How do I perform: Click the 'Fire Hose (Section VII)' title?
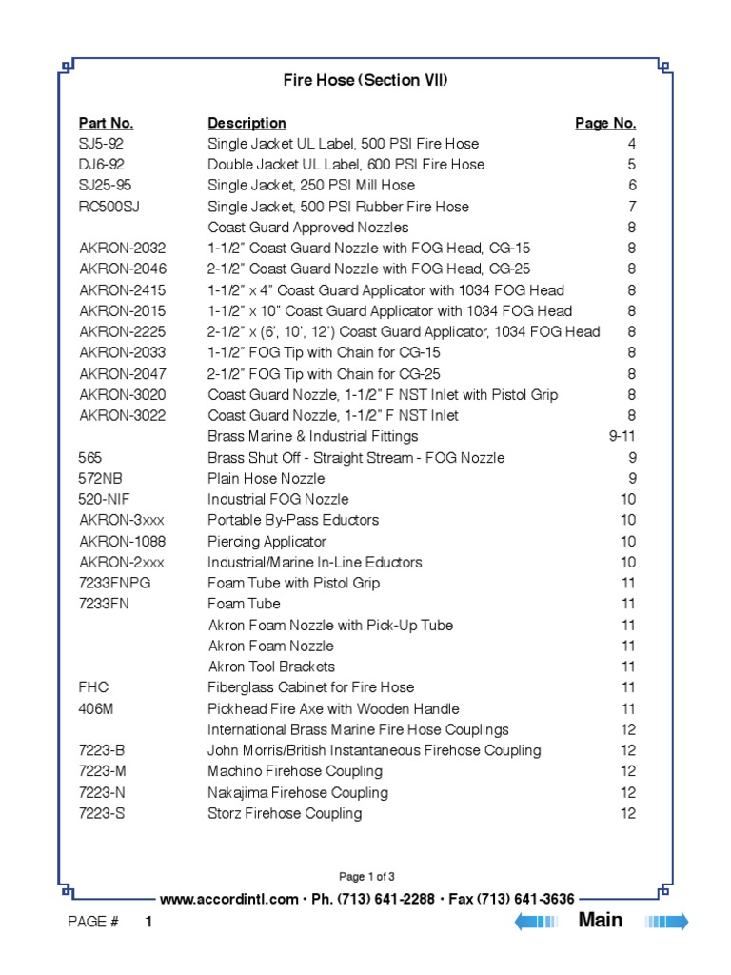365,80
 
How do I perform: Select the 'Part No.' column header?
106,123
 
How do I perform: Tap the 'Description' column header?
247,123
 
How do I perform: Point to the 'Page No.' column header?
605,123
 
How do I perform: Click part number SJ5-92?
101,144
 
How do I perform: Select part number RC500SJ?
113,207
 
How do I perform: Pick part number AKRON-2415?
122,290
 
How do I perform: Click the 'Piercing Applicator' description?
267,541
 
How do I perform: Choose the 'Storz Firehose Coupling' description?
285,813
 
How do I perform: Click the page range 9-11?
622,436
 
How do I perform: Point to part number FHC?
93,687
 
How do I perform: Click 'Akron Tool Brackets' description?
271,667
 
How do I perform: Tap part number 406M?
97,708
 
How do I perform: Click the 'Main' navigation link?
601,920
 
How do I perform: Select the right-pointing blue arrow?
666,921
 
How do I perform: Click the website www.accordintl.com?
228,899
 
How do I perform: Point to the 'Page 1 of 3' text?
366,877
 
